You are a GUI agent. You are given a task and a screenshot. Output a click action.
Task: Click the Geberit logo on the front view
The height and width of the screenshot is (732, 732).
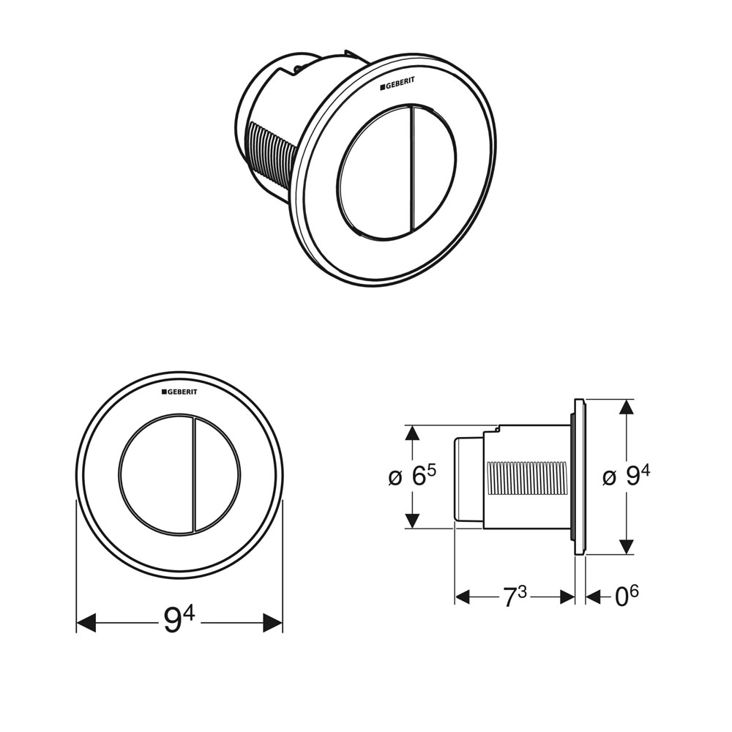pyautogui.click(x=179, y=392)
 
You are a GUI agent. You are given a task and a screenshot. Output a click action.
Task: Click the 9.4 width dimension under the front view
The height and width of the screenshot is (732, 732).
pyautogui.click(x=179, y=621)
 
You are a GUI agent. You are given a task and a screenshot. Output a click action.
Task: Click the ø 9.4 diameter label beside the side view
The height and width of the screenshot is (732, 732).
pyautogui.click(x=626, y=477)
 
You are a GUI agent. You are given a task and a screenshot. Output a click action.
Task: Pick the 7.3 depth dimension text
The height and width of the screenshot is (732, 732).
pyautogui.click(x=515, y=597)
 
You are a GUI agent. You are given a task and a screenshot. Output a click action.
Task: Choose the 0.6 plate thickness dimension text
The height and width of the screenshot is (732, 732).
pyautogui.click(x=626, y=597)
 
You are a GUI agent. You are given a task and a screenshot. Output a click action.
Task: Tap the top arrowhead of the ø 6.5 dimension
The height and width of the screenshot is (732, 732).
pyautogui.click(x=412, y=433)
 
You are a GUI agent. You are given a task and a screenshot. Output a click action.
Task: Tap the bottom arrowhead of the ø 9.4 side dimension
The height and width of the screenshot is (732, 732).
pyautogui.click(x=626, y=546)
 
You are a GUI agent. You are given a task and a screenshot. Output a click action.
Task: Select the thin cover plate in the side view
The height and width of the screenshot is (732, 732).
pyautogui.click(x=579, y=477)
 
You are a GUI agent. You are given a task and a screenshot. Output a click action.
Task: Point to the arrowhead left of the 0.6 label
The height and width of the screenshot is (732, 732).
pyautogui.click(x=594, y=597)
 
